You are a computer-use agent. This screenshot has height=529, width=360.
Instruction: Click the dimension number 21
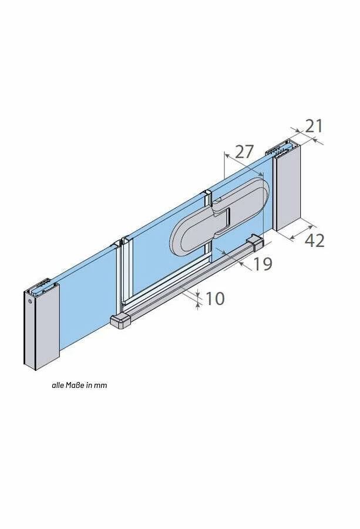point(314,126)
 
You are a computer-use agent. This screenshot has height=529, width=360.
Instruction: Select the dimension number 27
point(244,152)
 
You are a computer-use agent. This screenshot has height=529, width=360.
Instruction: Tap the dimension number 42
point(315,240)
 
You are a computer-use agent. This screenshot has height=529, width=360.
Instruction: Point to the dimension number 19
point(263,264)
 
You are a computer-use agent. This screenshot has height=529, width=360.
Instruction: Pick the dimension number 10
point(214,299)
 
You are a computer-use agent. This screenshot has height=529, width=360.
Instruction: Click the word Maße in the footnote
point(76,385)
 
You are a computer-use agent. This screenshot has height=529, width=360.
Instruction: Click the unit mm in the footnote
point(100,386)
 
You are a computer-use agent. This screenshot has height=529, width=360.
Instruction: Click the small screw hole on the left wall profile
point(31,302)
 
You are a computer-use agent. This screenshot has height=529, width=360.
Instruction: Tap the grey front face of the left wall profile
point(46,327)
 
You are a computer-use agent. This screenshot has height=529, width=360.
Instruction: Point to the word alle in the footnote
point(58,385)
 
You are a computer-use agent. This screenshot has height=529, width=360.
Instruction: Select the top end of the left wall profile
point(42,286)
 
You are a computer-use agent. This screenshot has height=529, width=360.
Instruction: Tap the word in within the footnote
point(89,385)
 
